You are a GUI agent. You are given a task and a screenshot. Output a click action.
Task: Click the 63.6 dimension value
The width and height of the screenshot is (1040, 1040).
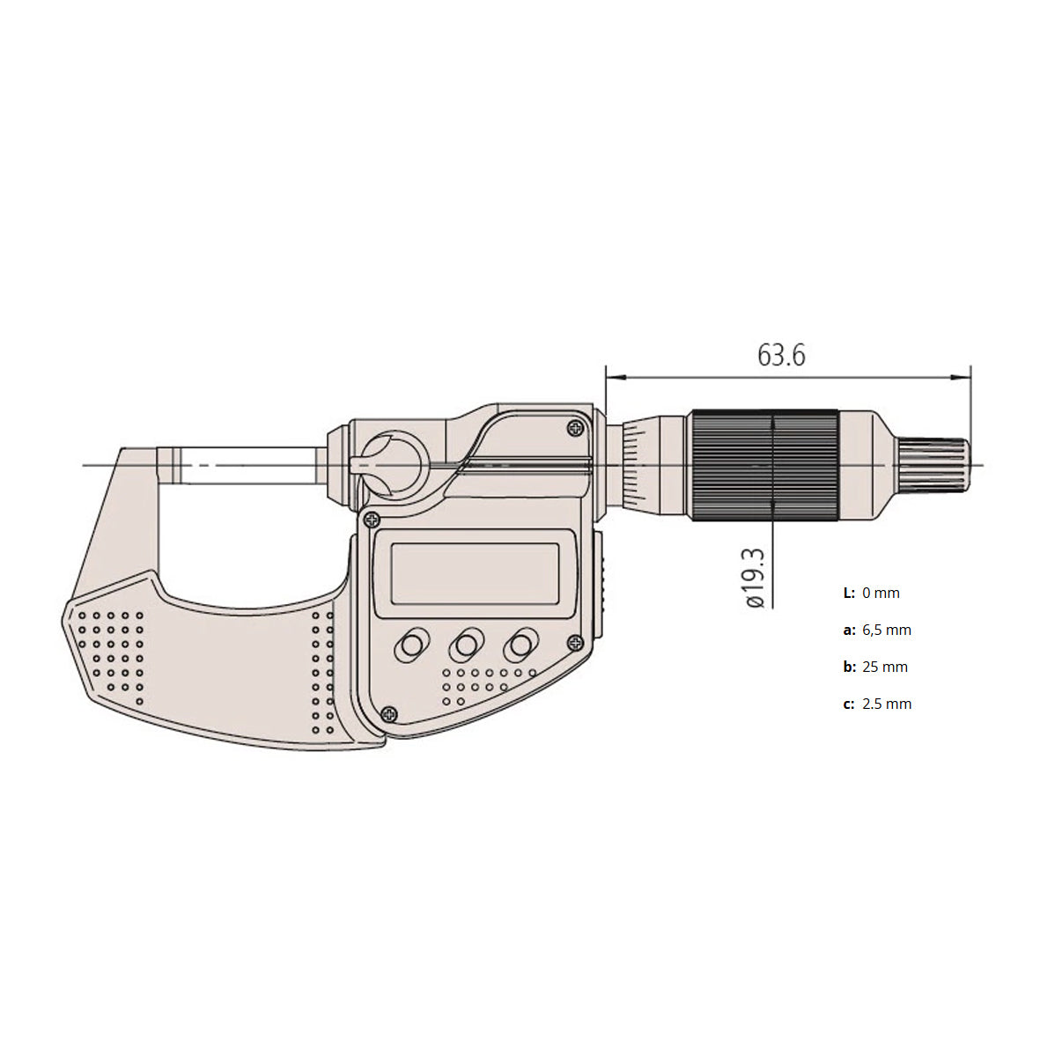pyautogui.click(x=781, y=356)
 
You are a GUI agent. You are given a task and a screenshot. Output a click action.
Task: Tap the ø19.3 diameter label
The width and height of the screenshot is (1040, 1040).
pyautogui.click(x=755, y=578)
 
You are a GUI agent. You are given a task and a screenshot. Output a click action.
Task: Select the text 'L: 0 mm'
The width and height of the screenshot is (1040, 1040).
pyautogui.click(x=872, y=593)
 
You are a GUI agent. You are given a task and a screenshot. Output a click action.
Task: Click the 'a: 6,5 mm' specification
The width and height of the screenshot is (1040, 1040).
pyautogui.click(x=877, y=631)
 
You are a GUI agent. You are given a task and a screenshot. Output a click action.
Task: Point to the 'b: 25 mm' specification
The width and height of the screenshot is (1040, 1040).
pyautogui.click(x=875, y=668)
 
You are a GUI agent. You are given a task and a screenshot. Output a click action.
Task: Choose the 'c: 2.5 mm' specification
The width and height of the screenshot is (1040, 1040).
pyautogui.click(x=877, y=704)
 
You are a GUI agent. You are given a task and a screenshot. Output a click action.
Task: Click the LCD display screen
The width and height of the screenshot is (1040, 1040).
pyautogui.click(x=475, y=574)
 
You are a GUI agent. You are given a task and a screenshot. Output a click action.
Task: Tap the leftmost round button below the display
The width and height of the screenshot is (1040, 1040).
pyautogui.click(x=411, y=645)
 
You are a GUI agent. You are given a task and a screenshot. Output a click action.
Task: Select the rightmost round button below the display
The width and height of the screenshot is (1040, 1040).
pyautogui.click(x=520, y=645)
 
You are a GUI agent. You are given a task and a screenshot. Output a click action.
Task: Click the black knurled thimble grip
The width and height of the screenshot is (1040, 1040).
pyautogui.click(x=764, y=464)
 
